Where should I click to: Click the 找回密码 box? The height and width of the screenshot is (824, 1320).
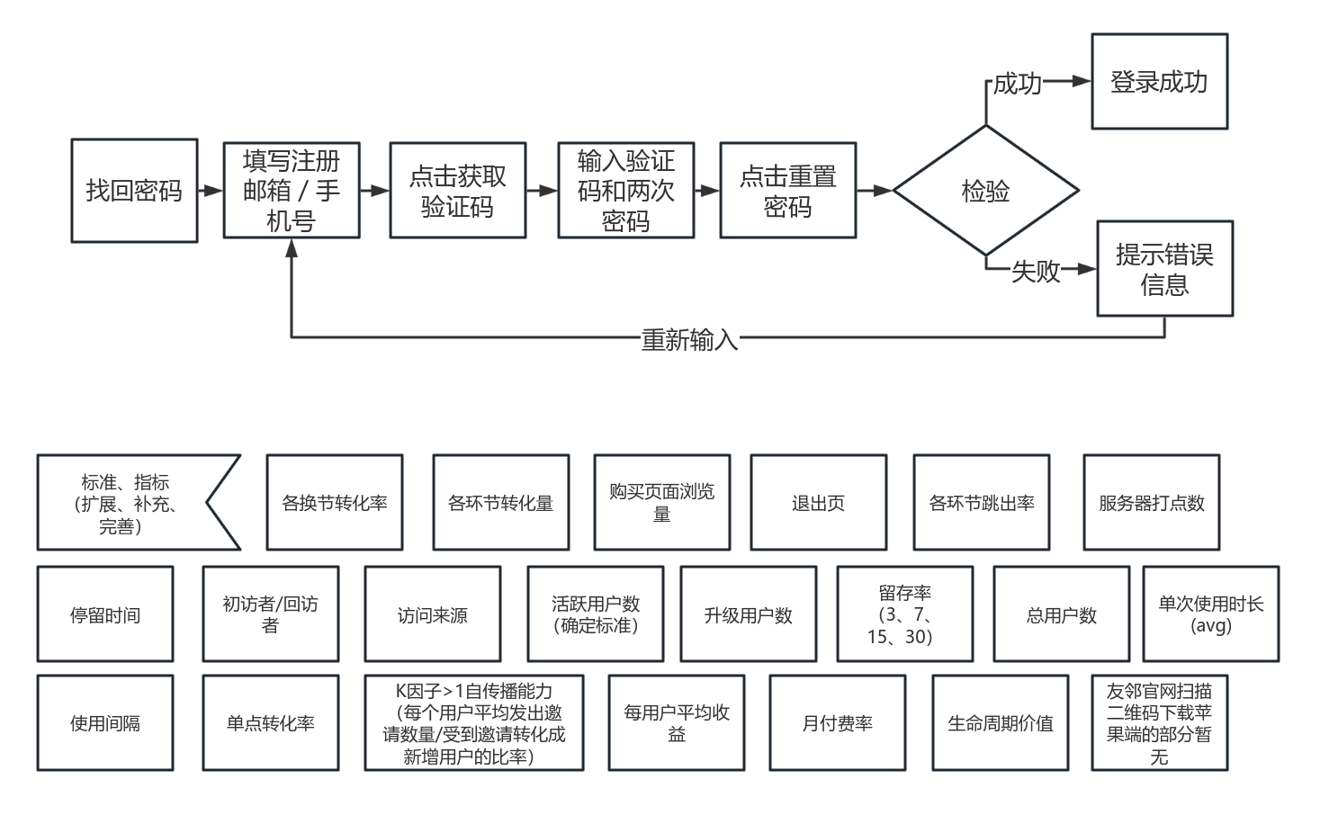[x=134, y=191]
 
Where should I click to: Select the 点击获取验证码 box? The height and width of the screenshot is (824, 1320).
[x=457, y=191]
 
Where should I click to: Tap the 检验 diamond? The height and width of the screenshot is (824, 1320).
[x=985, y=191]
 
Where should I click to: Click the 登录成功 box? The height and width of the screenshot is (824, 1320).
[x=1159, y=82]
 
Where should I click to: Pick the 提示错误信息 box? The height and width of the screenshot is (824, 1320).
[x=1164, y=269]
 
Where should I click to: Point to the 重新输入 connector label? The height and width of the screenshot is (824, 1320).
[x=689, y=339]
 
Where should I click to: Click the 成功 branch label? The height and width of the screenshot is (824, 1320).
[x=1017, y=84]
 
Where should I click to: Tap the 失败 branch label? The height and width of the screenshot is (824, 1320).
[x=1036, y=271]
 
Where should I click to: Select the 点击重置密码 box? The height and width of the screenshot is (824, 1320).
[x=787, y=191]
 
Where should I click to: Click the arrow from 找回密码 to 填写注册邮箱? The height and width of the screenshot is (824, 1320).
[x=211, y=191]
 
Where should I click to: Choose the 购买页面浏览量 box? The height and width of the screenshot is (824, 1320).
[x=661, y=502]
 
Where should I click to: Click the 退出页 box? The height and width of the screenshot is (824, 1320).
[x=818, y=502]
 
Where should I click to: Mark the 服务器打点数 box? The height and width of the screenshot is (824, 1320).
[x=1151, y=502]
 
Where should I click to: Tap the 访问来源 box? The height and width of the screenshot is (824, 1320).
[x=432, y=614]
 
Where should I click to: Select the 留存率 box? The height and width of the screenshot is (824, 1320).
[x=904, y=614]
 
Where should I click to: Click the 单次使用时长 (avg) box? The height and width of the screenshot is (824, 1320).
[x=1210, y=614]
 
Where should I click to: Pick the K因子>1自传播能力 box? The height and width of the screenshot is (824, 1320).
[x=473, y=723]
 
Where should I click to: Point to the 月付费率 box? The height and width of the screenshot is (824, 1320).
[x=837, y=723]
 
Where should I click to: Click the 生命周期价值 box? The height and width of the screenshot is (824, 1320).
[x=1000, y=723]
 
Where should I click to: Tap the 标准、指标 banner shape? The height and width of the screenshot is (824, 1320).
[x=126, y=502]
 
